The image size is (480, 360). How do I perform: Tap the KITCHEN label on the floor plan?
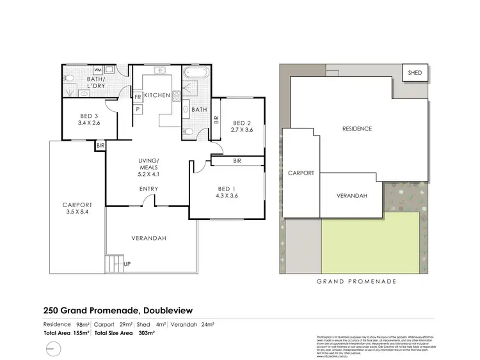click(x=157, y=95)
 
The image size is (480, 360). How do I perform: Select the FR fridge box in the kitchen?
click(x=138, y=97)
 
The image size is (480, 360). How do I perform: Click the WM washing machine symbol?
click(x=98, y=70)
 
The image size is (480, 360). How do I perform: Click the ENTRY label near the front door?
click(x=148, y=189)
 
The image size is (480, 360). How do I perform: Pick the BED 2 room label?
click(x=242, y=123)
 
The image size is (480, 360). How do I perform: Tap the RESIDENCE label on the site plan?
click(x=356, y=129)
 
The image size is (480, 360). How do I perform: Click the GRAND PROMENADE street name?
click(x=356, y=281)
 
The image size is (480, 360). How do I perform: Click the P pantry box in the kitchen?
click(x=138, y=109)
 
